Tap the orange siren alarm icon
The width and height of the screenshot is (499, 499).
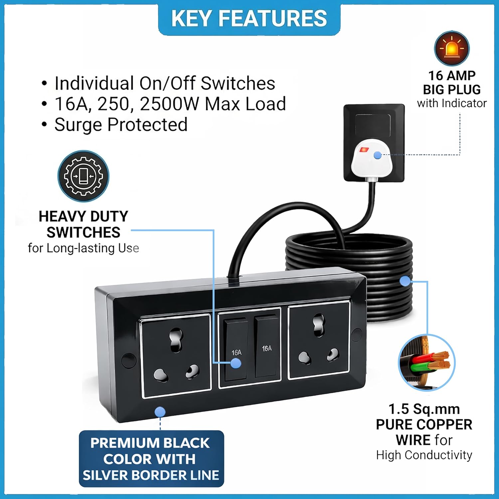tap(452, 49)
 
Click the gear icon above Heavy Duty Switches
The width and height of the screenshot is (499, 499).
tap(83, 176)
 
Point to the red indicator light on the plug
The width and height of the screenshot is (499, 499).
tap(364, 150)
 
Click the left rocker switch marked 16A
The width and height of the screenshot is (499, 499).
tap(236, 349)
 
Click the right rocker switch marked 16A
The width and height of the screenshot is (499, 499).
tap(267, 346)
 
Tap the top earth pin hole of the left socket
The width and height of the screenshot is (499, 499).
tap(176, 339)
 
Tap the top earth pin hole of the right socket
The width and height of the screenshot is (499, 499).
tap(319, 324)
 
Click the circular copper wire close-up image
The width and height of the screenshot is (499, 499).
tap(426, 363)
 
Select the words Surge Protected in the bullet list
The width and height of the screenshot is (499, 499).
tap(121, 125)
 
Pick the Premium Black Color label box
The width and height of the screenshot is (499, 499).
tap(151, 459)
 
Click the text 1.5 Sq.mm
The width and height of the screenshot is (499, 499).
tap(424, 409)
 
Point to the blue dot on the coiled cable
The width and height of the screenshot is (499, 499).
tap(405, 281)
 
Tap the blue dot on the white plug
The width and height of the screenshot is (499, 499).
tap(377, 155)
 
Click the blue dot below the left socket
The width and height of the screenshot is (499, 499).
tap(160, 412)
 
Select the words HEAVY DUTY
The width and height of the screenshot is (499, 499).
tap(83, 217)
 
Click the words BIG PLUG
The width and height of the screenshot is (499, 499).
tap(452, 89)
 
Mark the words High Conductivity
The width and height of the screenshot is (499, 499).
tap(424, 455)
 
